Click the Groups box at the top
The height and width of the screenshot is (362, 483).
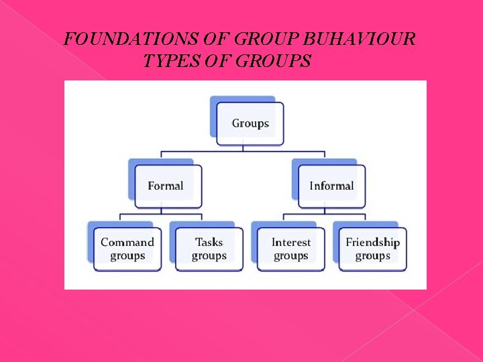pyautogui.click(x=250, y=123)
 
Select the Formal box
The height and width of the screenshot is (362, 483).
pyautogui.click(x=166, y=186)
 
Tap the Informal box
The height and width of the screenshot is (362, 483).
pyautogui.click(x=331, y=186)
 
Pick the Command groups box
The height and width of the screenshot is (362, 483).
pyautogui.click(x=127, y=249)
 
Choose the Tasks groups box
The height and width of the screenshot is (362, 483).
pyautogui.click(x=209, y=249)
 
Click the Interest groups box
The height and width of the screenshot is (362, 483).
pyautogui.click(x=290, y=249)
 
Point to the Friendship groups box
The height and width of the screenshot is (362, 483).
pyautogui.click(x=372, y=249)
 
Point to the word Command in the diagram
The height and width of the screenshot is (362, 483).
pyautogui.click(x=127, y=242)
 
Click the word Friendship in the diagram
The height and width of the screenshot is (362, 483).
pyautogui.click(x=372, y=242)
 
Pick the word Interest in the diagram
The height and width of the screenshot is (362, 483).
pyautogui.click(x=291, y=242)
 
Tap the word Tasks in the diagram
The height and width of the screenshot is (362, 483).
pyautogui.click(x=209, y=242)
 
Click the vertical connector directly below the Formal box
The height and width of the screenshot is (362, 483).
pyautogui.click(x=161, y=210)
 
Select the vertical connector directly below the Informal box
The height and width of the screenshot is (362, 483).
pyautogui.click(x=325, y=210)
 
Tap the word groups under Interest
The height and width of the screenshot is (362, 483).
pyautogui.click(x=291, y=256)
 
